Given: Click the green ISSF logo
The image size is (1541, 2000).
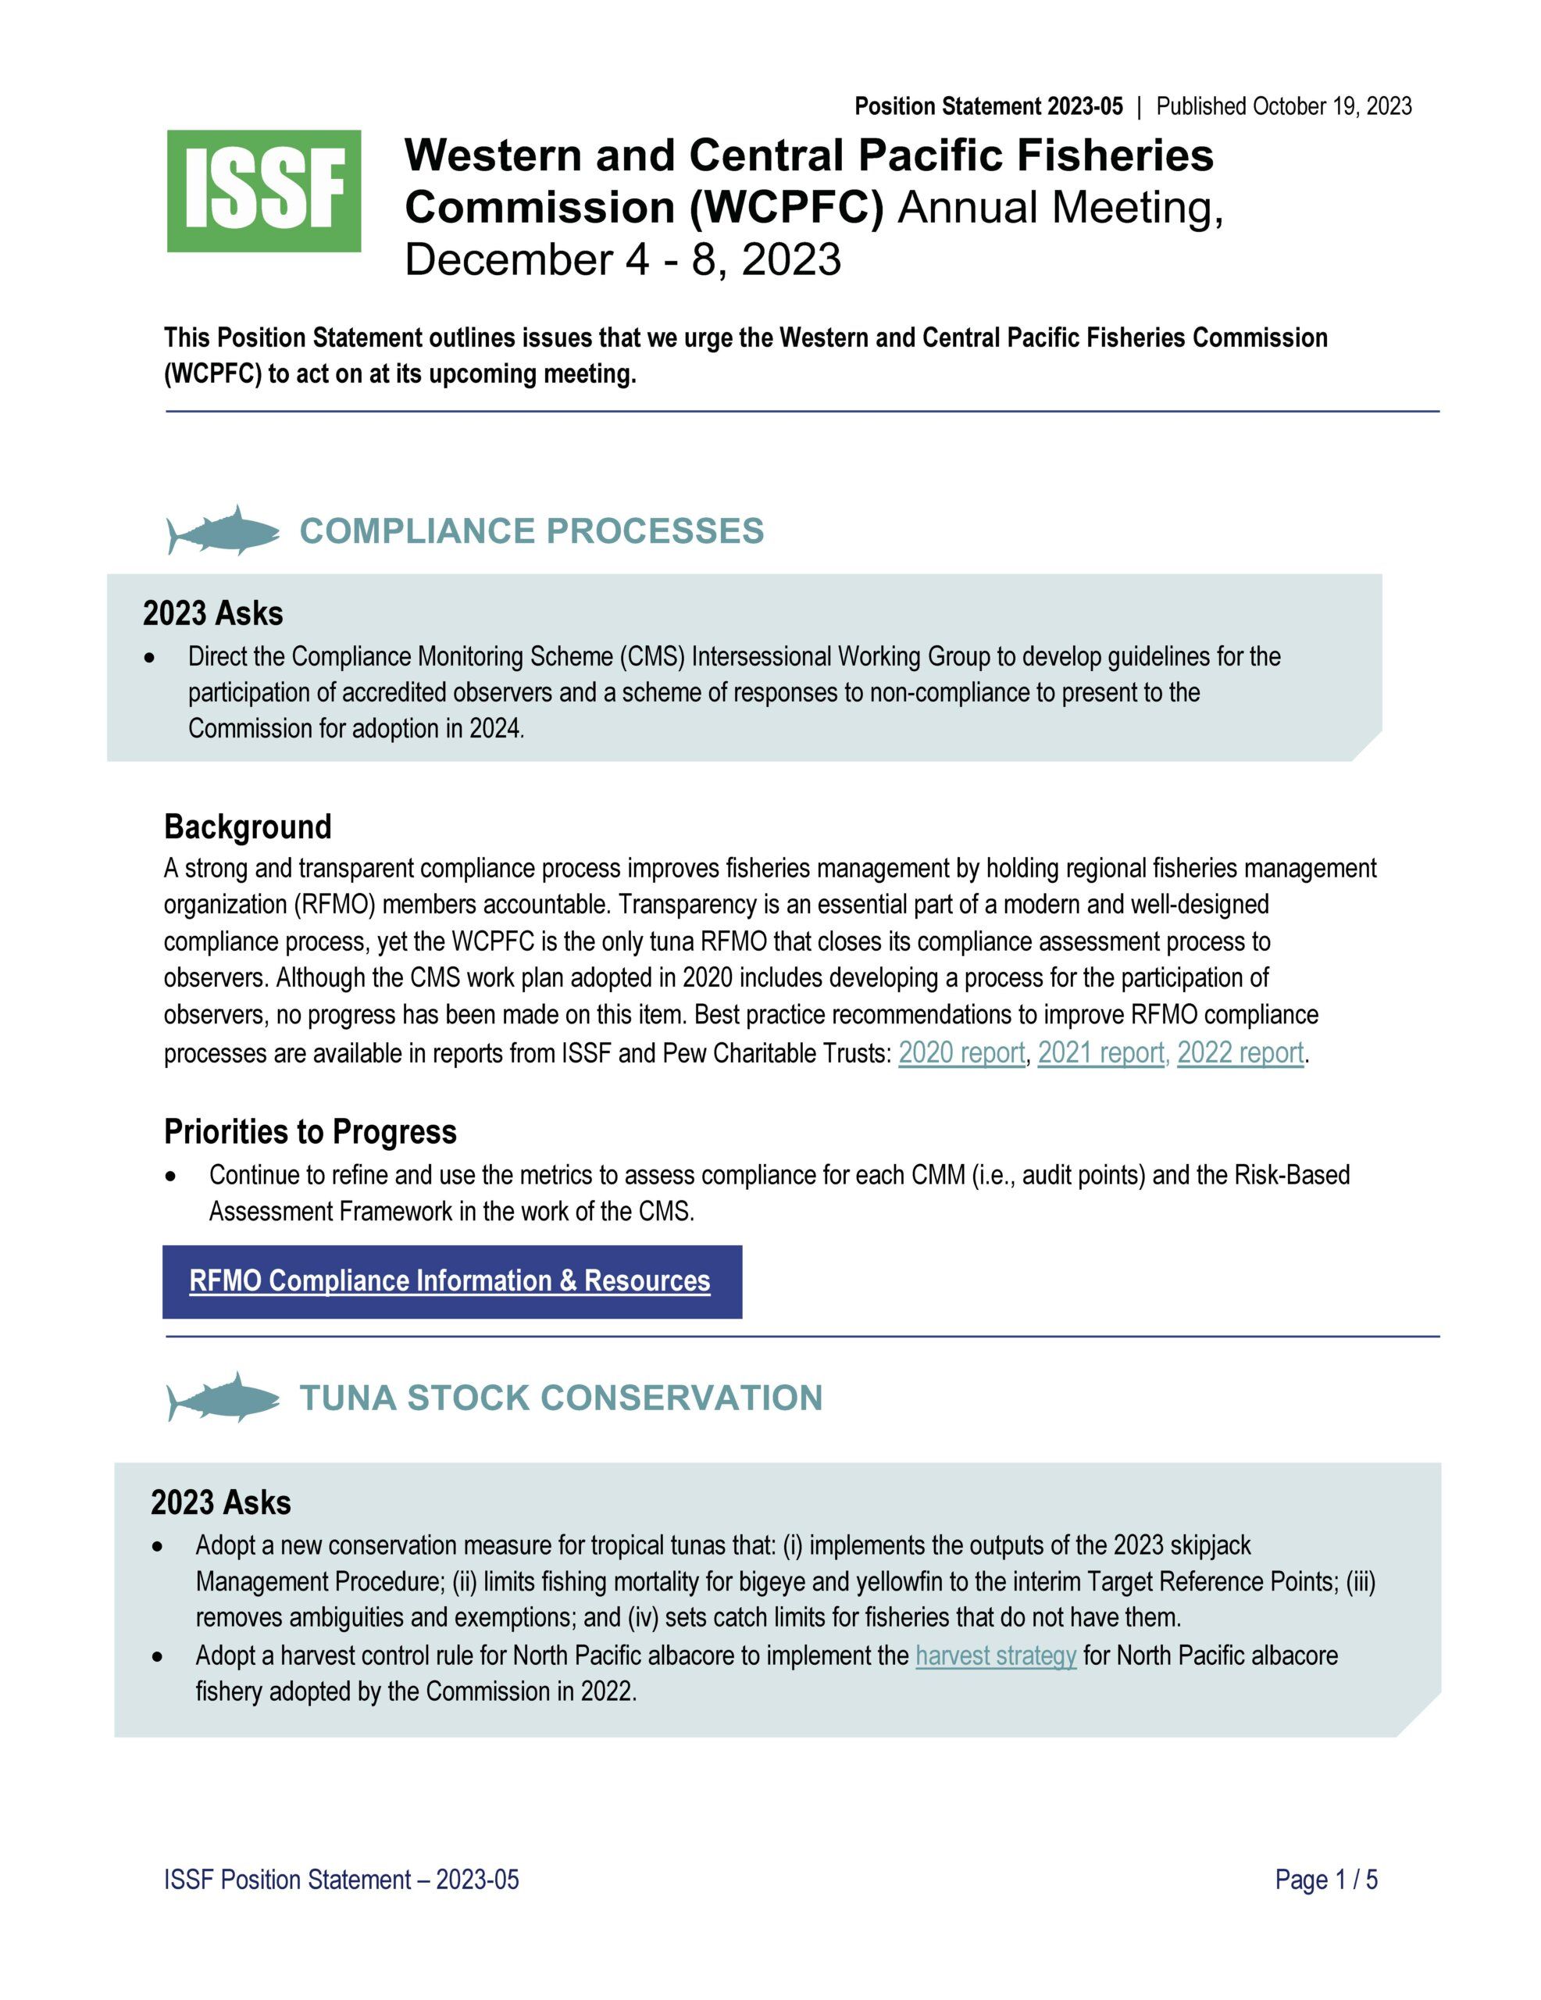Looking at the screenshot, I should (264, 191).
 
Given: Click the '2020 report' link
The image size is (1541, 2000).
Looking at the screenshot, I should (961, 1053).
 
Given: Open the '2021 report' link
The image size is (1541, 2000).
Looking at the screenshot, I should (1100, 1053).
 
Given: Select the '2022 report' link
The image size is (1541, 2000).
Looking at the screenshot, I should (1240, 1053).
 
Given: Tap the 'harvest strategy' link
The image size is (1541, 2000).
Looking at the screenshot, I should (995, 1655).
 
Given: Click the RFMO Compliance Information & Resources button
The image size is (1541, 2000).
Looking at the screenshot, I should (451, 1281).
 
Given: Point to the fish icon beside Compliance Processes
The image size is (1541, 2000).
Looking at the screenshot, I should (223, 530).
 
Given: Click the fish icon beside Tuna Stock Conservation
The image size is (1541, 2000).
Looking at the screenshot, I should (223, 1398).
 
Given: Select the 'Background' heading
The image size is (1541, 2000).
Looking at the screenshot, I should (248, 826).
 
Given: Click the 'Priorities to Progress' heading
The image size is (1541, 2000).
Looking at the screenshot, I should (309, 1132).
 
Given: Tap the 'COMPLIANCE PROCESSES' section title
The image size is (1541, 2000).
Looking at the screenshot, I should (531, 531).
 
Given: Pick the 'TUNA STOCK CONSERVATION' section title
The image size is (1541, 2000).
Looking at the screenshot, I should (560, 1398).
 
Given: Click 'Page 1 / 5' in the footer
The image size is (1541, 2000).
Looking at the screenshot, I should (1326, 1880).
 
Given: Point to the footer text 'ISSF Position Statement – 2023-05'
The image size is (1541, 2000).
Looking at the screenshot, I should (341, 1880).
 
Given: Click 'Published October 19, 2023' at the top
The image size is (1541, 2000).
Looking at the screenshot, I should (1284, 106).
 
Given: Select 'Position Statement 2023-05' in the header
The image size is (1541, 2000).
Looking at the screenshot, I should (988, 106).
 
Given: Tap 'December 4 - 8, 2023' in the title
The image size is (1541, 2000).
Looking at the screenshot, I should (622, 259).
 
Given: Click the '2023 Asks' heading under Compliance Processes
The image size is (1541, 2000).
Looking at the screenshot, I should (212, 613).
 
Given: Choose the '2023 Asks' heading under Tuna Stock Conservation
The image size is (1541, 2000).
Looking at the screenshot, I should (221, 1503).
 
